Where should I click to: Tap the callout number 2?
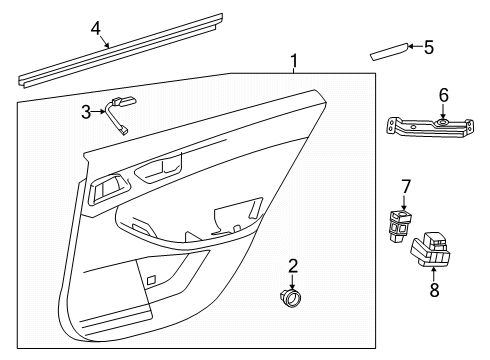(x=293, y=266)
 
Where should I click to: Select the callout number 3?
(x=87, y=111)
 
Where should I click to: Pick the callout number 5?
(x=429, y=47)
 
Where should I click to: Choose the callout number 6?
(x=444, y=95)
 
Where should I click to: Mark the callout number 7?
(x=406, y=186)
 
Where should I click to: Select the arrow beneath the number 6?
(x=444, y=112)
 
